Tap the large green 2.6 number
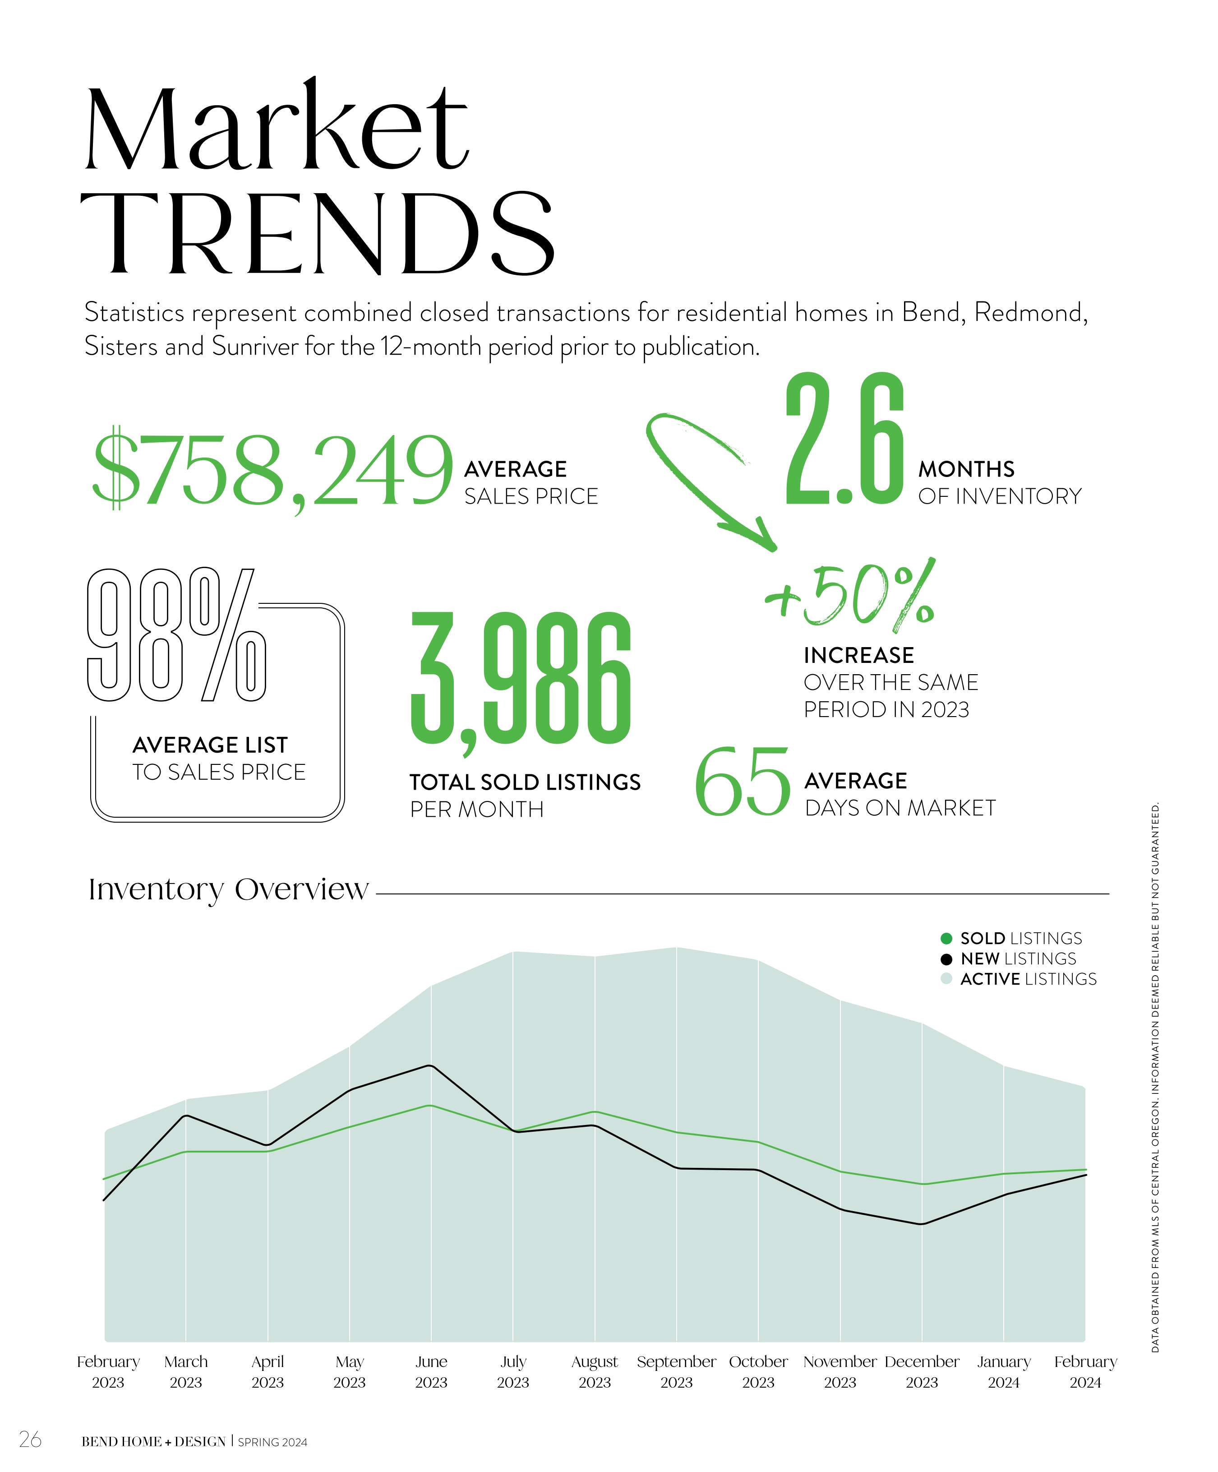point(844,442)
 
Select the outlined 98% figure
point(176,635)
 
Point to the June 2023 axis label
point(431,1372)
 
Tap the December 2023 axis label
point(922,1372)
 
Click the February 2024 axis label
point(1085,1372)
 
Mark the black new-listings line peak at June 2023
point(430,1066)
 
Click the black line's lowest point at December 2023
point(922,1225)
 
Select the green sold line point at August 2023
point(594,1112)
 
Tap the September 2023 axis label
point(676,1372)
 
